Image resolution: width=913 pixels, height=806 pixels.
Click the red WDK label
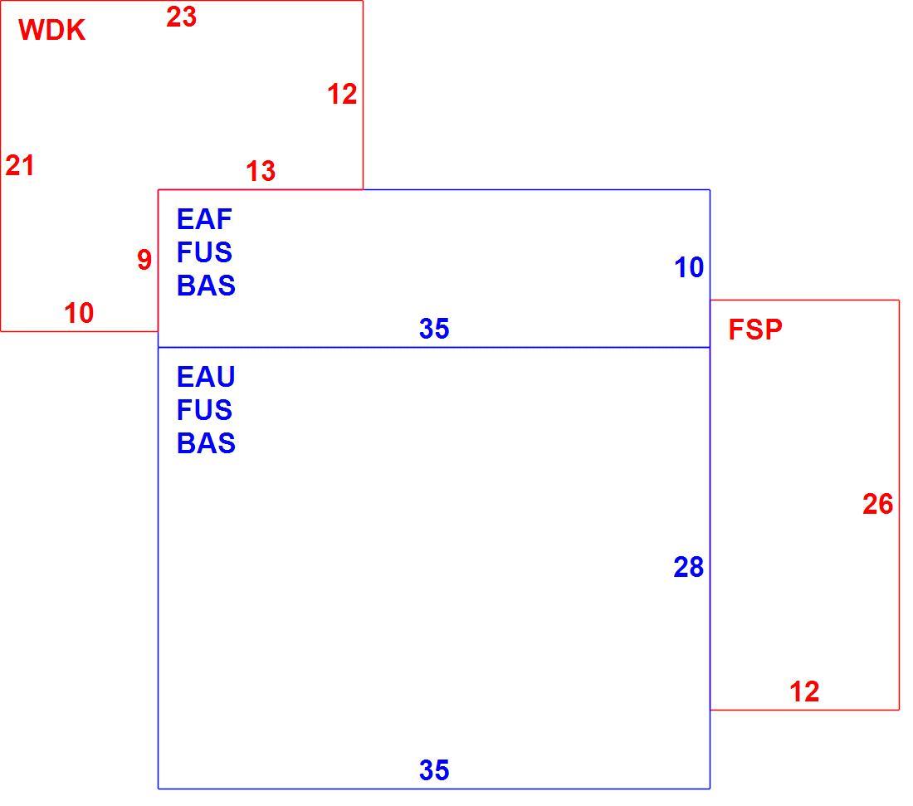tap(51, 30)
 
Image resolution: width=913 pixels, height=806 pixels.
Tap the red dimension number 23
tap(181, 17)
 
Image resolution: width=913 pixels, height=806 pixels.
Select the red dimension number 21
tap(20, 165)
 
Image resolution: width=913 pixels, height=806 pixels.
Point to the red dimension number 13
tap(261, 171)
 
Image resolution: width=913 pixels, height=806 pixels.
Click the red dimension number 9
tap(144, 260)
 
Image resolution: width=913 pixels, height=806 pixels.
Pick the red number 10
tap(79, 313)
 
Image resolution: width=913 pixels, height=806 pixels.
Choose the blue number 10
tap(689, 268)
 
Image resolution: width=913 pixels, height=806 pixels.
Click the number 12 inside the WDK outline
tap(342, 95)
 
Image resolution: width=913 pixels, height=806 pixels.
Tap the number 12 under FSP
tap(804, 691)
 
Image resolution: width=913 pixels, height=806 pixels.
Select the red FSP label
tap(755, 330)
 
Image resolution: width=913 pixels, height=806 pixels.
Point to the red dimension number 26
tap(877, 505)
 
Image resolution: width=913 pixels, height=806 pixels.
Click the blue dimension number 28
tap(689, 567)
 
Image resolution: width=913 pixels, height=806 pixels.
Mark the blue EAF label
tap(204, 219)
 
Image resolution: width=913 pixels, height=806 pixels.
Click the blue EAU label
tap(206, 377)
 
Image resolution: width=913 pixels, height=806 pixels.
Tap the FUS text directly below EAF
tap(204, 252)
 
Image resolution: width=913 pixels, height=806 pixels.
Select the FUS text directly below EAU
tap(204, 410)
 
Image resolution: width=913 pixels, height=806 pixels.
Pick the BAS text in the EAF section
tap(206, 286)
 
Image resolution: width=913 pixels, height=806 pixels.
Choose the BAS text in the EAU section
tap(206, 443)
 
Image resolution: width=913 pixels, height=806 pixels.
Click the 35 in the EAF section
tap(434, 329)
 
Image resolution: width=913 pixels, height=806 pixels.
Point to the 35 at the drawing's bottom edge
tap(434, 770)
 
